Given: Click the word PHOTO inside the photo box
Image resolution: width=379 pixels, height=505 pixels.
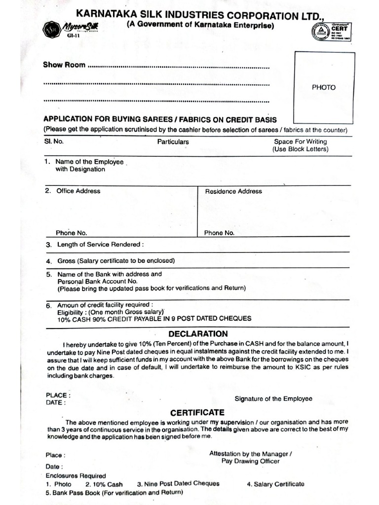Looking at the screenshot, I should [x=323, y=87].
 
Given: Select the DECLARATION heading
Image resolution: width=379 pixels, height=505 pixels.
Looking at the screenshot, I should [x=198, y=334].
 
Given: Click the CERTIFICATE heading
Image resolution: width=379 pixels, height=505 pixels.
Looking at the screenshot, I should [x=197, y=412].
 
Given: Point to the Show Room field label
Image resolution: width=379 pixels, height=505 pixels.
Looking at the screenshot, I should [x=64, y=65].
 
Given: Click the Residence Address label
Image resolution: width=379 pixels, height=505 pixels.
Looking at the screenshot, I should [x=233, y=191].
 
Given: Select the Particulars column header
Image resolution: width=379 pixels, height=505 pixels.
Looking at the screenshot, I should [x=173, y=142].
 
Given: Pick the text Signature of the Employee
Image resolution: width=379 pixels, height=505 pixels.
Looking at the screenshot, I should [x=273, y=398].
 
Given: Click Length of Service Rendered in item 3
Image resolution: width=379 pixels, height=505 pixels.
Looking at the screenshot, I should [x=100, y=245].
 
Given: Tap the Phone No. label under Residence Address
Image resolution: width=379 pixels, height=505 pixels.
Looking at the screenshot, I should [x=219, y=233].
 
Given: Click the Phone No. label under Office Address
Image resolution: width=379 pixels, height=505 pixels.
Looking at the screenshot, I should [x=71, y=233].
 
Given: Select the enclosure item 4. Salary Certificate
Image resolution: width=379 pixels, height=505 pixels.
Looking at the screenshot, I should [x=275, y=484].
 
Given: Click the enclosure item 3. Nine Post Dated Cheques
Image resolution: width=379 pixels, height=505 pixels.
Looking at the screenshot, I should [x=178, y=484].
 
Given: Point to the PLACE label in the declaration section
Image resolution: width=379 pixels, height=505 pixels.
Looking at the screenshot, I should [x=58, y=395].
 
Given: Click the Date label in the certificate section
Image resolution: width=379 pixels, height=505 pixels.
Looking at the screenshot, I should [x=54, y=466].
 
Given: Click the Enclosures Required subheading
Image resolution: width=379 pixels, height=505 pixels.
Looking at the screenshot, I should [x=76, y=476].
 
